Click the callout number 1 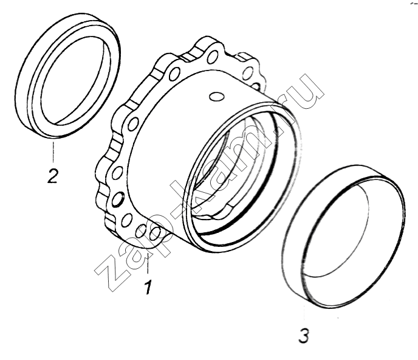point(148,287)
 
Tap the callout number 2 point(52,175)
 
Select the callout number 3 point(304,336)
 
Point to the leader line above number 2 point(53,152)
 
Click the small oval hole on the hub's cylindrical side point(216,97)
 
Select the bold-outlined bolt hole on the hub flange point(118,199)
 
